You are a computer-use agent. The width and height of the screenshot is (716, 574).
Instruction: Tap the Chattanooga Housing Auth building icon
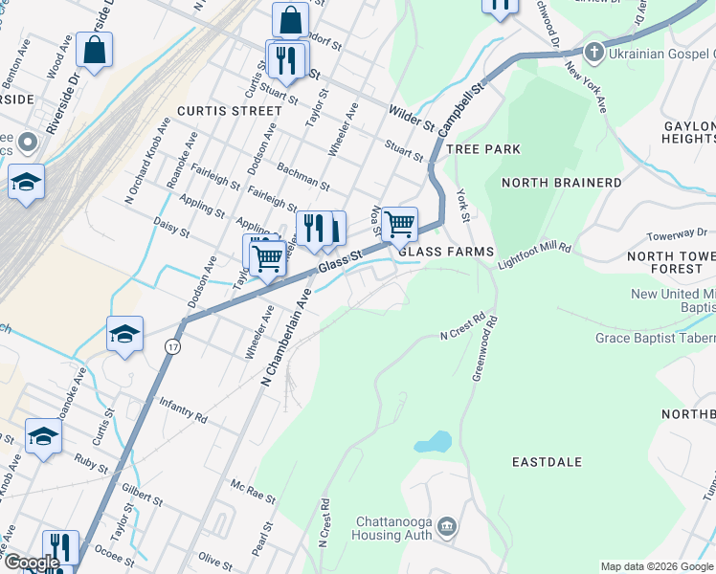[x=447, y=526]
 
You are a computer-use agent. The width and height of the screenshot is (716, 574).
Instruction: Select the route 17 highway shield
[x=172, y=344]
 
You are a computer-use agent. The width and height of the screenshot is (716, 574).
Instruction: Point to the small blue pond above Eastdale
[x=433, y=443]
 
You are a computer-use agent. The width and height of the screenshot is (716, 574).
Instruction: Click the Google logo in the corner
[x=31, y=563]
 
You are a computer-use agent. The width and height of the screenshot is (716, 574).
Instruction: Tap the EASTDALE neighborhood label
[x=547, y=462]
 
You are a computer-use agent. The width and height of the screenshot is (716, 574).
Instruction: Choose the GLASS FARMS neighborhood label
[x=446, y=252]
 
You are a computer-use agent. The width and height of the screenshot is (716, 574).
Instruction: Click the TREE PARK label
[x=483, y=149]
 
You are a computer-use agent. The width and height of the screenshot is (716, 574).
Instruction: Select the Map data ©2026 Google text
[x=657, y=566]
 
